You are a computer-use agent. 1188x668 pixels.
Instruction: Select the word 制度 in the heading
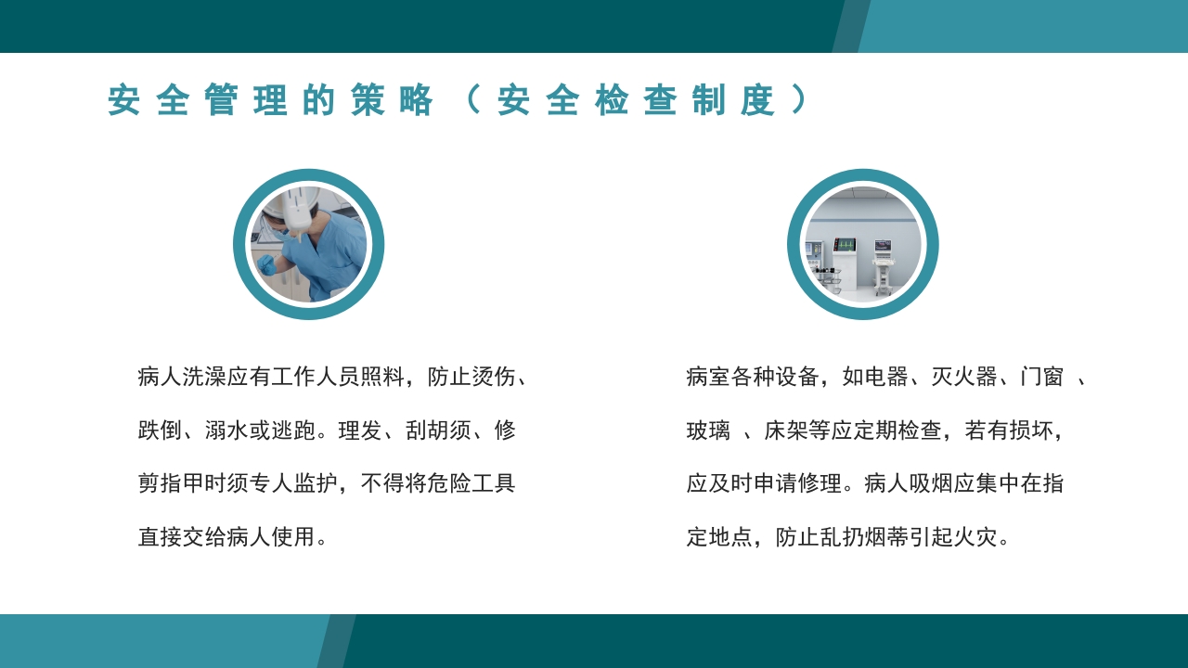click(733, 101)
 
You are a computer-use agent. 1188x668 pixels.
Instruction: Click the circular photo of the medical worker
click(308, 244)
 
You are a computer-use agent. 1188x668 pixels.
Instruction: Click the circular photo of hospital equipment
click(862, 244)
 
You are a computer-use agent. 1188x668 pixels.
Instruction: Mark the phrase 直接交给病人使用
click(226, 537)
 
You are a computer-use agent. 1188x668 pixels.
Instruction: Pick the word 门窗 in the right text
click(1041, 377)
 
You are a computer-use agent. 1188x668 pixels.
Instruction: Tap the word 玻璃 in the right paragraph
click(708, 430)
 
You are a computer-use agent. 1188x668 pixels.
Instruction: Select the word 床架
click(786, 430)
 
